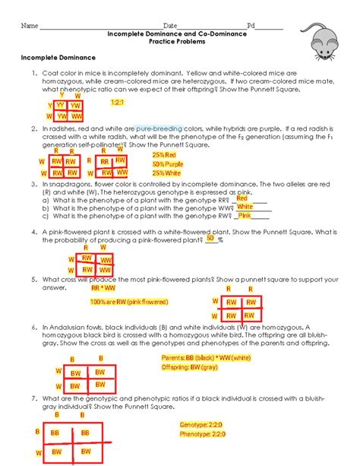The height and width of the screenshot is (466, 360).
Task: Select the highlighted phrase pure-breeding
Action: [x=158, y=129]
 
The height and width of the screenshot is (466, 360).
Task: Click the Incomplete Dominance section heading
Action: [x=58, y=57]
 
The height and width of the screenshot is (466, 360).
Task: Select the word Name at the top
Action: [x=29, y=25]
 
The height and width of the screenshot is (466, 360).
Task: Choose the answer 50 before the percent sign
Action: [x=210, y=238]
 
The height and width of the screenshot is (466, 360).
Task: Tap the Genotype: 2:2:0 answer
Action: [x=203, y=425]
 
